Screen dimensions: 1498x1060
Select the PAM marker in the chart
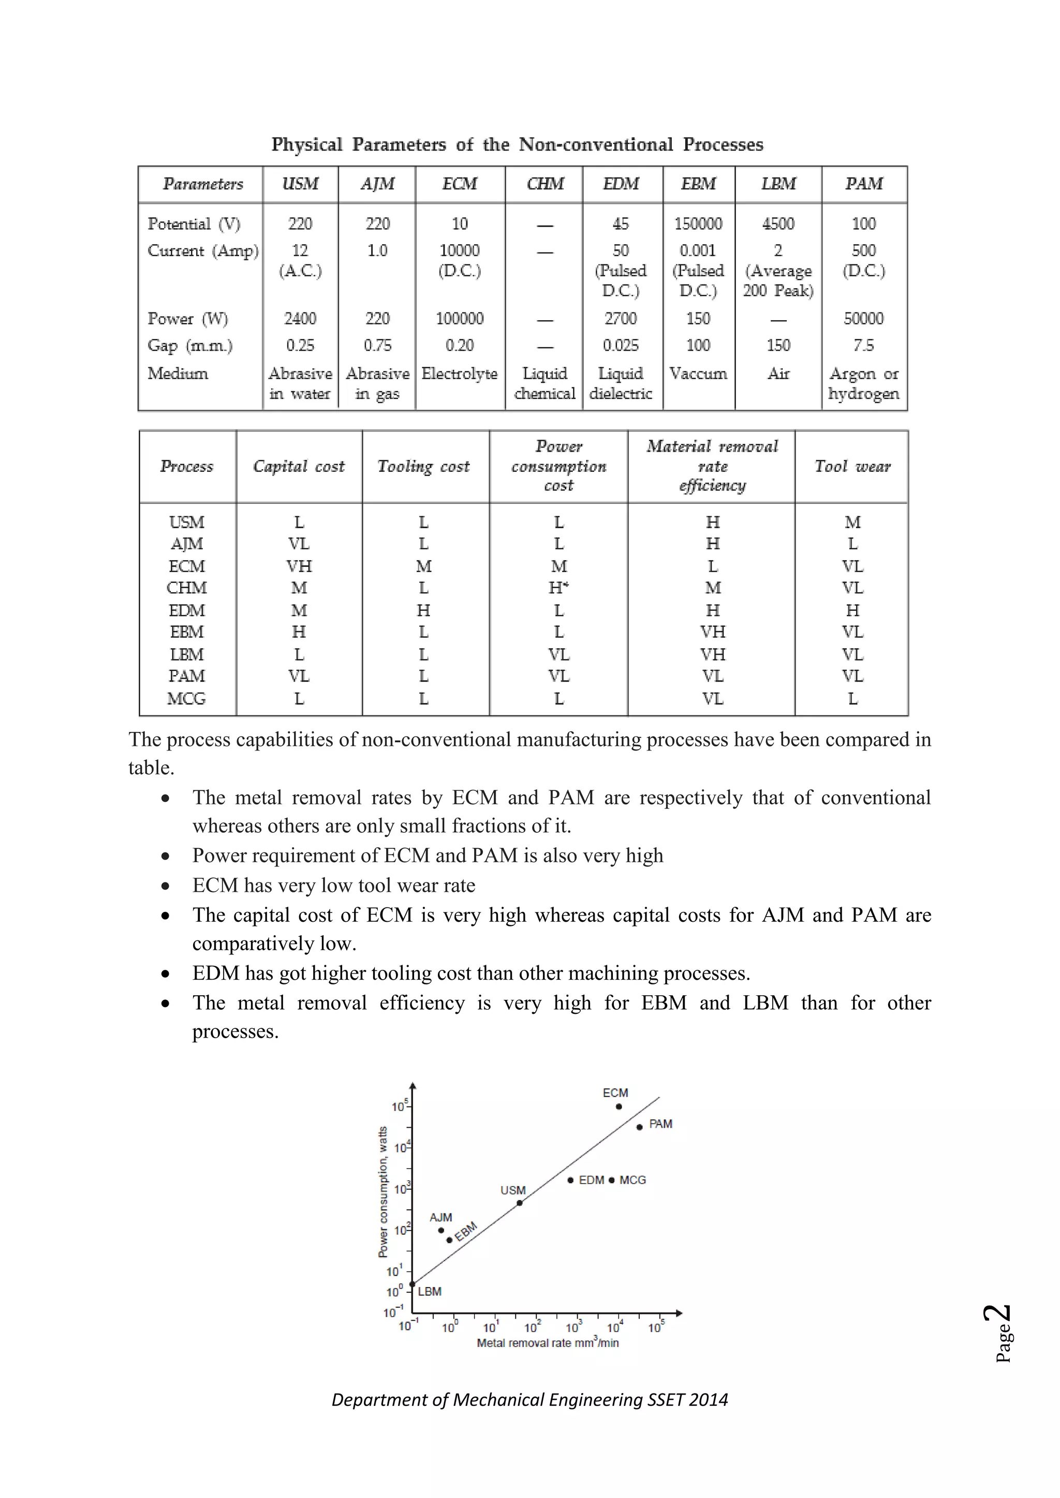(640, 1127)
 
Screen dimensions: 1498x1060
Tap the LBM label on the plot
(430, 1291)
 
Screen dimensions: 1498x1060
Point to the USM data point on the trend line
(520, 1203)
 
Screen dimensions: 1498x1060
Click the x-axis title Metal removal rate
(547, 1343)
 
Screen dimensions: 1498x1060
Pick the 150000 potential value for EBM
(698, 224)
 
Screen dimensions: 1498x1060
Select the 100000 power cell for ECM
(460, 319)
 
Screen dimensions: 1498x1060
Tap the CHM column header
(545, 184)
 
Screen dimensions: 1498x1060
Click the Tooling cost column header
(423, 467)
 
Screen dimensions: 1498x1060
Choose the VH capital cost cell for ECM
(299, 566)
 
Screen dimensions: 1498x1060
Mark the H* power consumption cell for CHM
(558, 588)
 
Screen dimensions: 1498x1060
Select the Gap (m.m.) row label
(190, 345)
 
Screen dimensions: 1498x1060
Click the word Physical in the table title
(307, 144)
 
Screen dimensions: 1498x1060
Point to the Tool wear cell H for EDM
(852, 610)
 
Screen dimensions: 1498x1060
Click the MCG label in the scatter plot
(632, 1179)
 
